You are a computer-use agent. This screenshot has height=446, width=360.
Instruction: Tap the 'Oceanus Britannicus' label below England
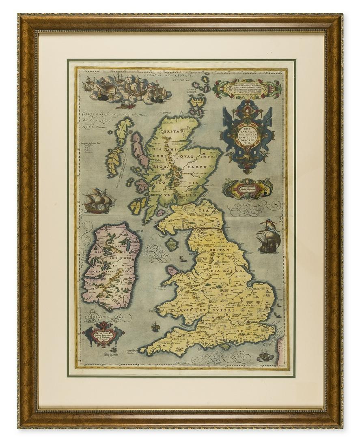219,357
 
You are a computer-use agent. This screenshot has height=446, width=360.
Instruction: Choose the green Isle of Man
172,244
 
